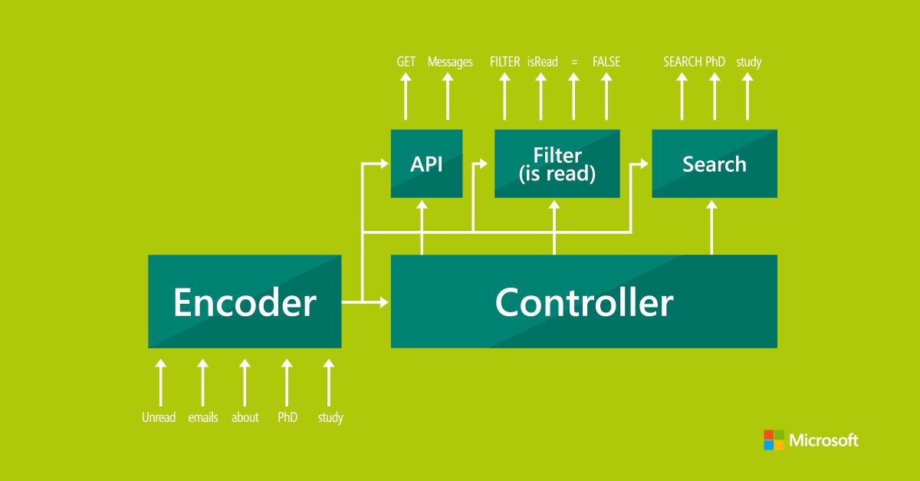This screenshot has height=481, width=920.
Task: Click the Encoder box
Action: [245, 301]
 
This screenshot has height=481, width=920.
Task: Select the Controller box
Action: [584, 301]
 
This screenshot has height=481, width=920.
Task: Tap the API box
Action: [427, 163]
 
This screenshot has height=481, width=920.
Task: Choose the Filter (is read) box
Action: [557, 163]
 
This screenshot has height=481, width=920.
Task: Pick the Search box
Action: [715, 163]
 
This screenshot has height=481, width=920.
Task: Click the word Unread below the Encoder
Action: [159, 417]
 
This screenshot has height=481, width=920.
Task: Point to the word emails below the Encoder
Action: [203, 417]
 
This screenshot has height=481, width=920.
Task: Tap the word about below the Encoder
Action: [245, 417]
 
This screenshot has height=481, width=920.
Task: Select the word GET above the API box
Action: [406, 61]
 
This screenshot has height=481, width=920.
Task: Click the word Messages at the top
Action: [450, 62]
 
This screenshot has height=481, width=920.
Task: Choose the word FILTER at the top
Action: [504, 61]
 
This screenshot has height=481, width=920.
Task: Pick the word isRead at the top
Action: [543, 61]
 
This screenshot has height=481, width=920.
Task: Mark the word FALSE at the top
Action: [606, 61]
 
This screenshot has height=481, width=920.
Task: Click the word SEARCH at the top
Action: [682, 61]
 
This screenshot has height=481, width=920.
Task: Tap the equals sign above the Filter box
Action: [574, 62]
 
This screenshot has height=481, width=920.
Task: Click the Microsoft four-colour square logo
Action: [774, 440]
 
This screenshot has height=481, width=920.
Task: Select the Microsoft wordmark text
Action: [823, 440]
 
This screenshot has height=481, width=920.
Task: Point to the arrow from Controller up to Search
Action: [711, 227]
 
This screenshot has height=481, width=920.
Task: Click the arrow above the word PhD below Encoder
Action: [287, 382]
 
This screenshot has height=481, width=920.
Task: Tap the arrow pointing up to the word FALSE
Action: [606, 96]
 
